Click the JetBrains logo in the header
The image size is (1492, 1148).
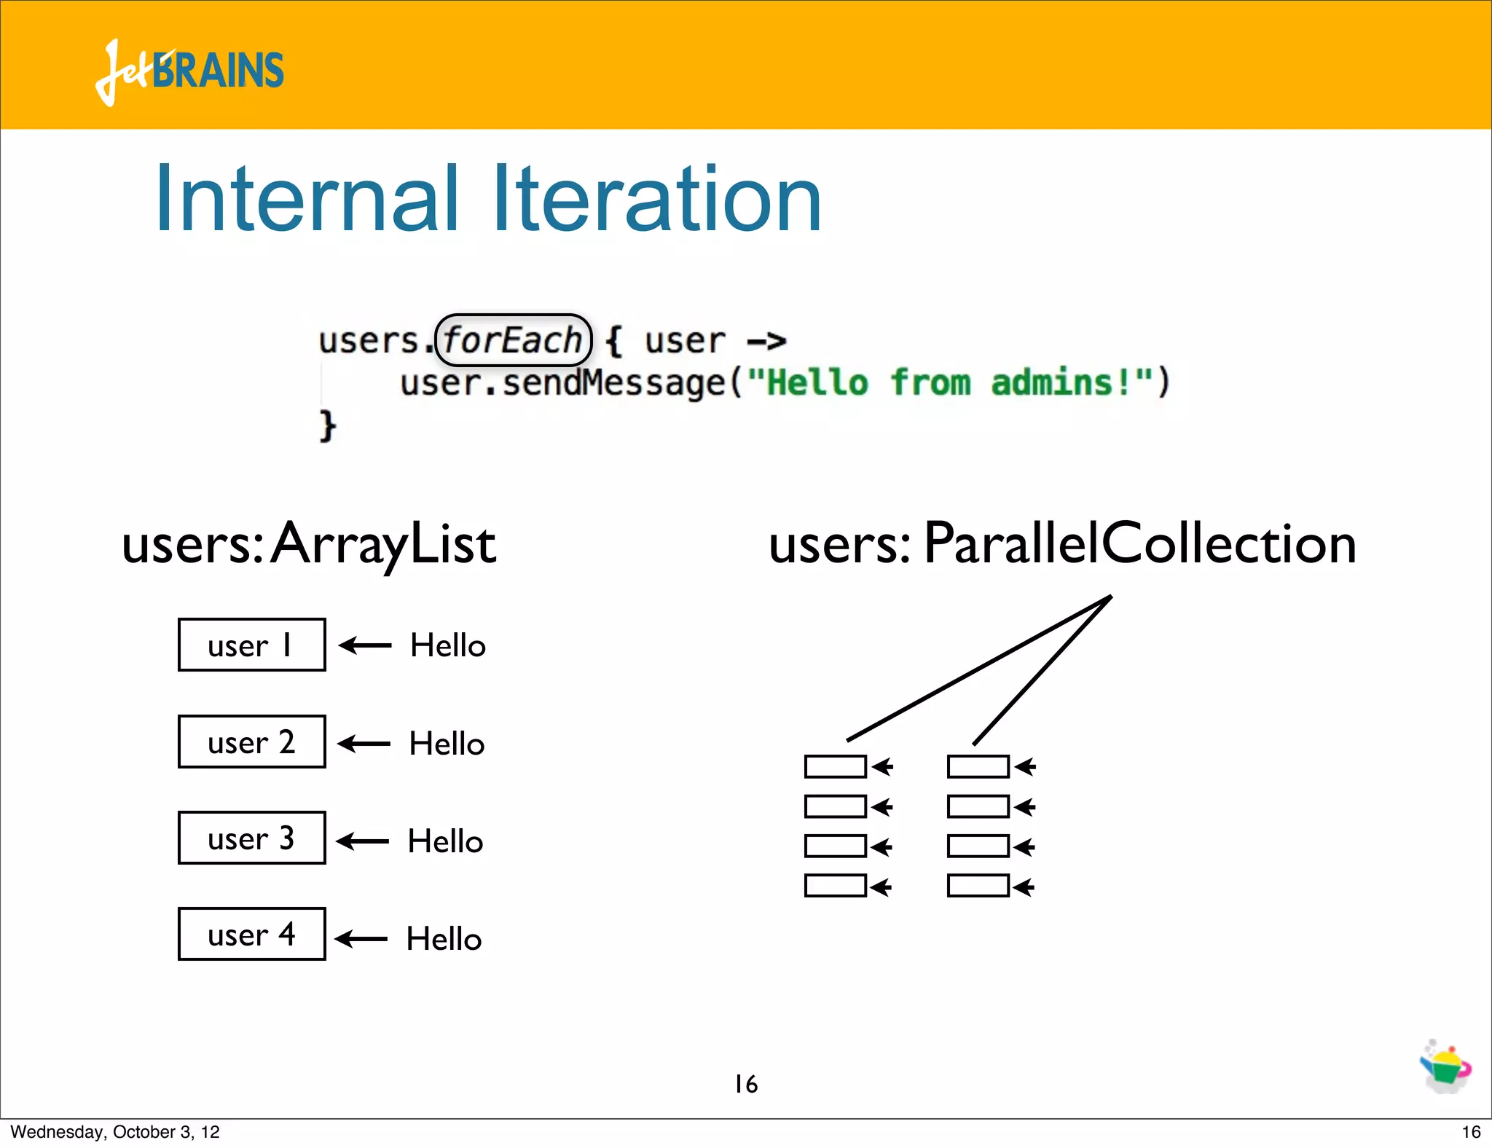[189, 71]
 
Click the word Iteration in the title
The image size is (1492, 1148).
[657, 199]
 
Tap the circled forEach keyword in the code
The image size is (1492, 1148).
[513, 340]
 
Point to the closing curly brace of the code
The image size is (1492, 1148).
[327, 425]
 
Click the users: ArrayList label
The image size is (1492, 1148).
[309, 544]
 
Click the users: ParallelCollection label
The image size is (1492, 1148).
[1062, 544]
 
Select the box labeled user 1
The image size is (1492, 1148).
[251, 645]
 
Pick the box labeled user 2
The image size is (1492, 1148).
[251, 742]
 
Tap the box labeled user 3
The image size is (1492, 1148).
[251, 838]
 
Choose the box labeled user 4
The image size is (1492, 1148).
[251, 934]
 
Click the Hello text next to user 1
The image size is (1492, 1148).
[447, 645]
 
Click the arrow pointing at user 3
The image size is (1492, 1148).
[363, 841]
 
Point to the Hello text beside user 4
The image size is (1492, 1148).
[444, 939]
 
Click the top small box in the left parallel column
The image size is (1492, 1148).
[835, 766]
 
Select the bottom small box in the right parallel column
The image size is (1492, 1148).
[978, 886]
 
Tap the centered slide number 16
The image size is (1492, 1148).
[746, 1084]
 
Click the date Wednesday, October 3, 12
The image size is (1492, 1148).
[115, 1132]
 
